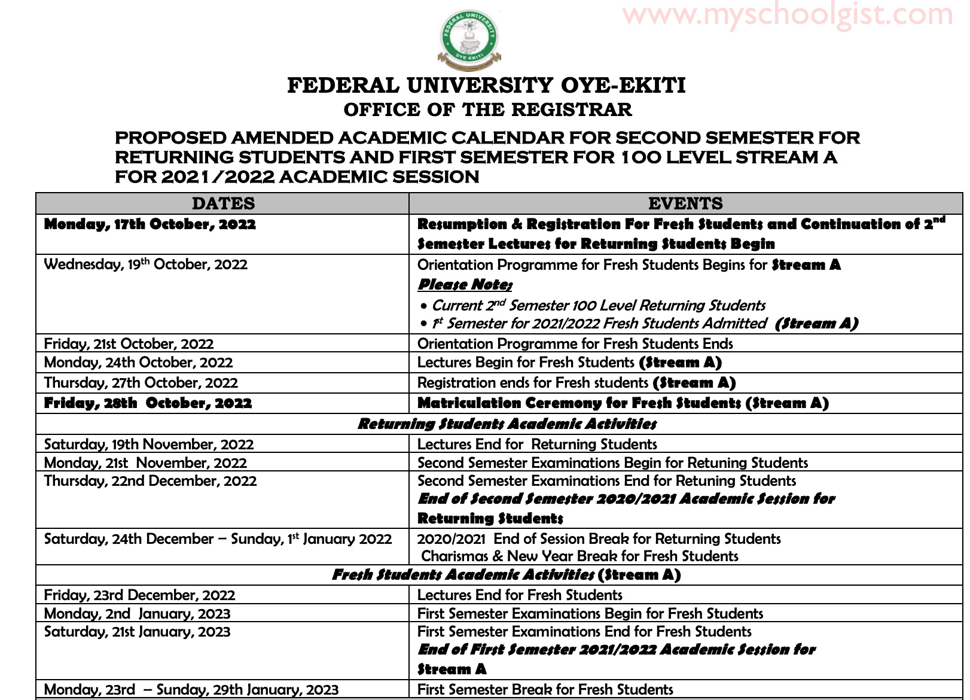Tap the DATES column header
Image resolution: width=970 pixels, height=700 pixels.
tap(223, 203)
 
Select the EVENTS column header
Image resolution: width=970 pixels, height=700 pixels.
tap(685, 203)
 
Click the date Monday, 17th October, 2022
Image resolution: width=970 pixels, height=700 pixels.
tap(150, 224)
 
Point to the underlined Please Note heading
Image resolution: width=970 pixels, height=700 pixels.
tap(465, 285)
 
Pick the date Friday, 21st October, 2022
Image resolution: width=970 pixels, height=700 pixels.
tap(129, 344)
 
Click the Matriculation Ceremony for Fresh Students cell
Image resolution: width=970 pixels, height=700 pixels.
tap(623, 403)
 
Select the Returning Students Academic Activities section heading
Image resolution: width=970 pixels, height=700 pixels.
tap(507, 424)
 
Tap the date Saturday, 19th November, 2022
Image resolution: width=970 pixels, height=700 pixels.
tap(149, 445)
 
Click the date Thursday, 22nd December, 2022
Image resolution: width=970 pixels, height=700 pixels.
tap(150, 481)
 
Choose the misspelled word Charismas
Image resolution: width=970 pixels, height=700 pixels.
tap(455, 556)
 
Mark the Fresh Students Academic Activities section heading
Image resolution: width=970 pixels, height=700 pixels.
tap(507, 575)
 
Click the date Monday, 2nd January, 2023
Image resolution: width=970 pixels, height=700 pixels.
tap(137, 614)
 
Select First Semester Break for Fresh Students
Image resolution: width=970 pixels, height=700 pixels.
tap(545, 690)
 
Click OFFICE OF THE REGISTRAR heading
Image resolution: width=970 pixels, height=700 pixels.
tap(487, 110)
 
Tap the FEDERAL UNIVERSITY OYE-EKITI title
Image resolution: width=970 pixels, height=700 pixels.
tap(486, 86)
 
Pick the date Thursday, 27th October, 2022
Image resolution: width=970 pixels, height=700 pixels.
tap(141, 383)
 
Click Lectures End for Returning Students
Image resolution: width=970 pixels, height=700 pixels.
tap(537, 445)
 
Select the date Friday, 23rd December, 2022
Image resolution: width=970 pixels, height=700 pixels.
tap(139, 595)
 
